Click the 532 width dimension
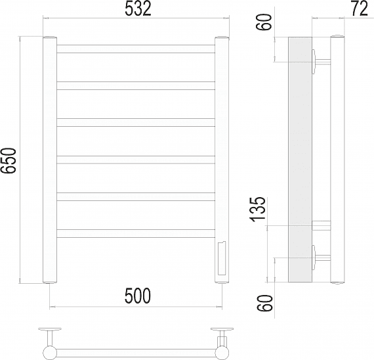pyautogui.click(x=138, y=9)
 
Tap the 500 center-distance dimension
pyautogui.click(x=138, y=296)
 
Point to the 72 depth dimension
pyautogui.click(x=359, y=9)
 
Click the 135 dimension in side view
pyautogui.click(x=257, y=208)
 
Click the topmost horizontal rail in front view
pyautogui.click(x=136, y=49)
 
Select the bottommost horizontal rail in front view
pyautogui.click(x=136, y=233)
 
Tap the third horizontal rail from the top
pyautogui.click(x=136, y=122)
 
